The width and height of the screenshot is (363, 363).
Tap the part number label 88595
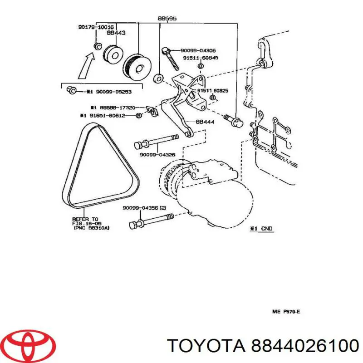167,19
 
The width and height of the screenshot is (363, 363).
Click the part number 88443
117,33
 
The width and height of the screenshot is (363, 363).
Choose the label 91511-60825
212,90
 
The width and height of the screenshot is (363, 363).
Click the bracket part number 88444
205,122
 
